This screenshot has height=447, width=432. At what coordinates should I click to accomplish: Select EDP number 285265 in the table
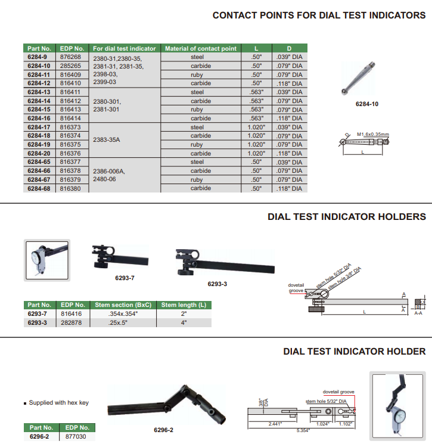click(x=70, y=66)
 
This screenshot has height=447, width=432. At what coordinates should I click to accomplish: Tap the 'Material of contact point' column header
click(x=200, y=48)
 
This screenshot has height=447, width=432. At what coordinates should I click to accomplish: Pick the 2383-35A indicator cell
click(x=107, y=140)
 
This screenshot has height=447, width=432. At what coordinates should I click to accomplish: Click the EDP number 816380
click(x=70, y=188)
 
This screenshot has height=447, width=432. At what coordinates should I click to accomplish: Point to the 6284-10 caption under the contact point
click(x=366, y=104)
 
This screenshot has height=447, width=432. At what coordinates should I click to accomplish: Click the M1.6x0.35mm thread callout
click(x=373, y=134)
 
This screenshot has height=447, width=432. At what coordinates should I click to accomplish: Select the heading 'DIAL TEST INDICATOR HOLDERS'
click(x=347, y=217)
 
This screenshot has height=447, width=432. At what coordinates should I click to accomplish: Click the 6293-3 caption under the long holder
click(x=217, y=284)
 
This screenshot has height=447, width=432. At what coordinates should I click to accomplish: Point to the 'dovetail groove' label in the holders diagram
click(x=296, y=288)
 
